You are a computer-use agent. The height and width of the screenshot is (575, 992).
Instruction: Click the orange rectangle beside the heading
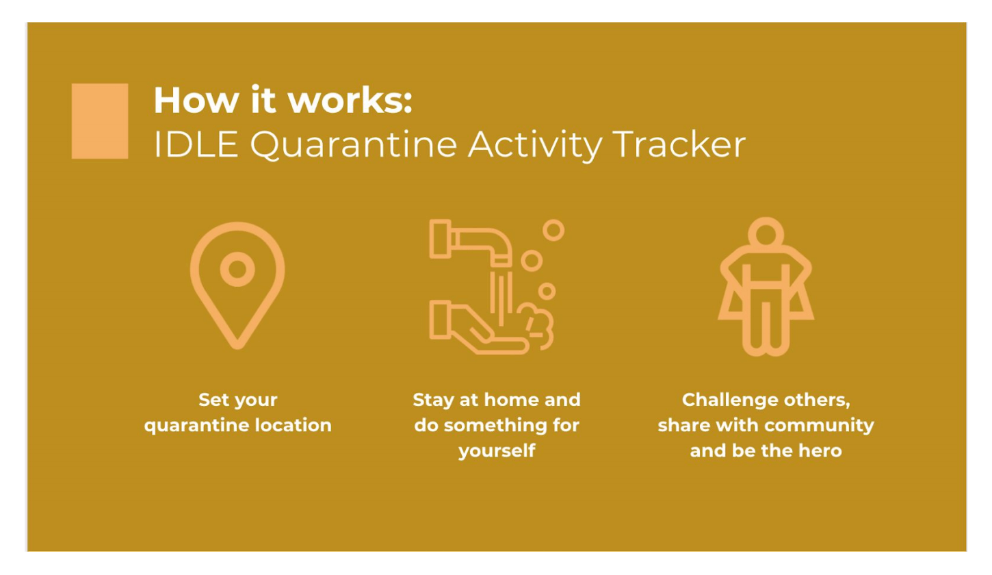(x=100, y=121)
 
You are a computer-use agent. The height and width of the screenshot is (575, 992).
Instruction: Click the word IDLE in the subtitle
(x=196, y=144)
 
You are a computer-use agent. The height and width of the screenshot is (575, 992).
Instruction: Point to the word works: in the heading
(x=350, y=101)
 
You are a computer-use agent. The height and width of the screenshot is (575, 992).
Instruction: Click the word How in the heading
(x=196, y=101)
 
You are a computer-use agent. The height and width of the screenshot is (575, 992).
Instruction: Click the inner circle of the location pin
(x=237, y=269)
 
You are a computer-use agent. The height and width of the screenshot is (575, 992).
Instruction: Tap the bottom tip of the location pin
(x=237, y=347)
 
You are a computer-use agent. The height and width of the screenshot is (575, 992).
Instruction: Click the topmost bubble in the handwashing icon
(x=553, y=230)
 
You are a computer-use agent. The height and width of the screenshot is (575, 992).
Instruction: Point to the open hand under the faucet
(x=479, y=327)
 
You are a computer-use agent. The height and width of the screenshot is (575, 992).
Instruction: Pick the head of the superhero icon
(x=766, y=233)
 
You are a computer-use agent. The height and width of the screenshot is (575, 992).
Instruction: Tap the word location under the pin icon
(x=293, y=425)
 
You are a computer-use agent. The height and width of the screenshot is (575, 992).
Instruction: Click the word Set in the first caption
(x=211, y=400)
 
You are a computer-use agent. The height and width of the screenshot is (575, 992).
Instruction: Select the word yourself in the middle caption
(x=497, y=451)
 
